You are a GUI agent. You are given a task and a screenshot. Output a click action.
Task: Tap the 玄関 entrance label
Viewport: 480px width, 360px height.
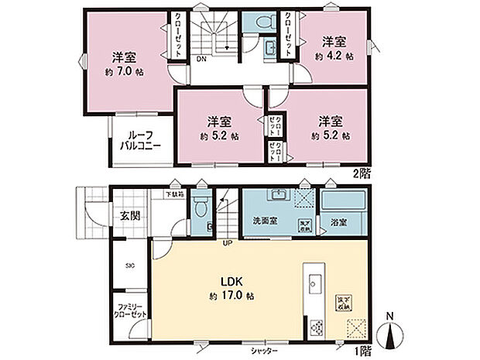click(x=129, y=214)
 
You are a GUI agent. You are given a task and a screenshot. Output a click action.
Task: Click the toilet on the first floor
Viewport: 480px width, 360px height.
click(x=201, y=206)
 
